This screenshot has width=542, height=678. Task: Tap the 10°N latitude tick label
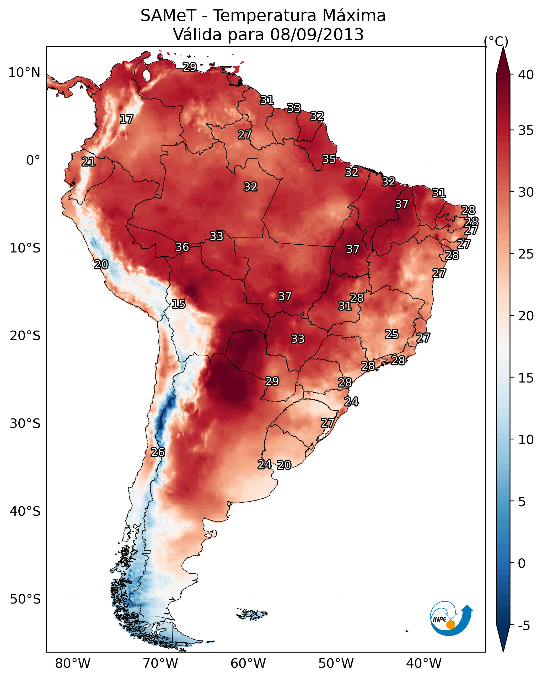coord(24,73)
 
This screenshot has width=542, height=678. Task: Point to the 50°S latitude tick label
coord(25,599)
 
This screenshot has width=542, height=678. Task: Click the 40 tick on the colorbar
coord(526,75)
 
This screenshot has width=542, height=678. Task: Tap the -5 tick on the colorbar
coord(524,626)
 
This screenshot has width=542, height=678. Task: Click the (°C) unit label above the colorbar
coord(496,41)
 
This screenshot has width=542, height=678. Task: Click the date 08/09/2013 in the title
coord(317,35)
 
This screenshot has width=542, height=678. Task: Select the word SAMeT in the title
coord(169,16)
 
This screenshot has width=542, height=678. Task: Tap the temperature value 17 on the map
coord(126,119)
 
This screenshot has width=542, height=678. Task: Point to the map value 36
coord(182,247)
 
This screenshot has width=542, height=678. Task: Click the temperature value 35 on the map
coord(329,159)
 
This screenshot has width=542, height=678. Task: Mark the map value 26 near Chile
coord(158,453)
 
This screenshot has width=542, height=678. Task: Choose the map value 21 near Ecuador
coord(88,162)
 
